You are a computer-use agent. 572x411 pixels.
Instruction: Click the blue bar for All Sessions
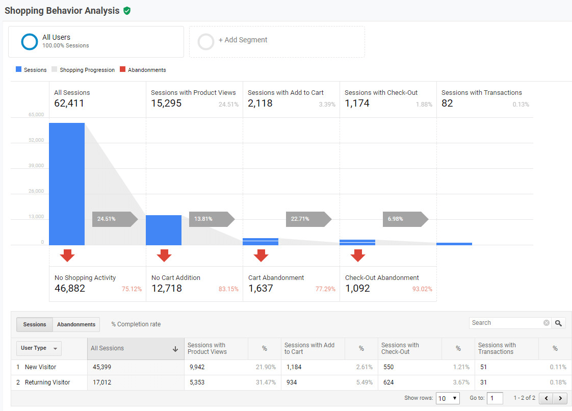[x=67, y=184]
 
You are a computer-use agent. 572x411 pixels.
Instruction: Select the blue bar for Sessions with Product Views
[x=164, y=230]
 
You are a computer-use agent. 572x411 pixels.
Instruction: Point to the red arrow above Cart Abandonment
[x=261, y=255]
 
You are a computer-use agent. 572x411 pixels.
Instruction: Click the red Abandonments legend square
[x=122, y=69]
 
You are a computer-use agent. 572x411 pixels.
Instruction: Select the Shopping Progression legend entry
[x=87, y=70]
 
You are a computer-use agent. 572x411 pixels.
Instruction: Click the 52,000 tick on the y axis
[x=36, y=140]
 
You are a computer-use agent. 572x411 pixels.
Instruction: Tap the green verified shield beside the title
[x=127, y=11]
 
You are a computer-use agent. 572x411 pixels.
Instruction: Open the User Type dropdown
[x=39, y=348]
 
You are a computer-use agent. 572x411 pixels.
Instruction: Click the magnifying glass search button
[x=559, y=323]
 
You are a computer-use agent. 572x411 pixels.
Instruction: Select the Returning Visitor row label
[x=47, y=382]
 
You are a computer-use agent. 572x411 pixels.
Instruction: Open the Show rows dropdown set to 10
[x=448, y=398]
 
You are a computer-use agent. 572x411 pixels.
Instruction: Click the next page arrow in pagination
[x=560, y=398]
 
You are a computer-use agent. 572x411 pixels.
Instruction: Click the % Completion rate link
[x=136, y=324]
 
